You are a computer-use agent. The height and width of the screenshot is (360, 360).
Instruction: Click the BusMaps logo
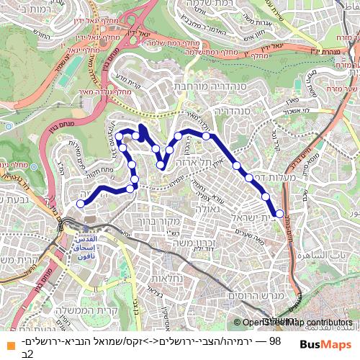(326, 345)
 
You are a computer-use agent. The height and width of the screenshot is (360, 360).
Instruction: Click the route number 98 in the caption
(274, 341)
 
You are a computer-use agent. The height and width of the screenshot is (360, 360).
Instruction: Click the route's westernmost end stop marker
(80, 204)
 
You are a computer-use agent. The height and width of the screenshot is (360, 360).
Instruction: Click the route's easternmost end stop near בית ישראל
(279, 213)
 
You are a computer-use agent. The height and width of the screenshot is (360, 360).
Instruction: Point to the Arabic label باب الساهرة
(332, 255)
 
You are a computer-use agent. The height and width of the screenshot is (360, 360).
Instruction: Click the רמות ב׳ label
(29, 8)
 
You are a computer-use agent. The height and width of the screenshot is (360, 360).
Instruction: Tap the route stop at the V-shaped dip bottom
(161, 165)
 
